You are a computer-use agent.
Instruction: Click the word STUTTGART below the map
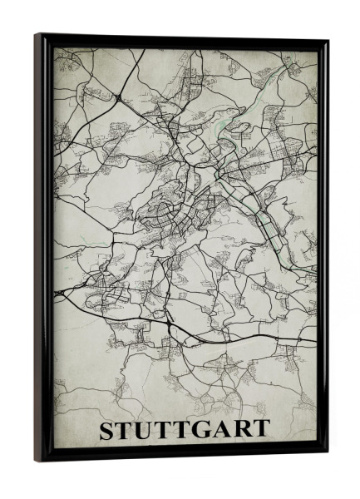(x=185, y=430)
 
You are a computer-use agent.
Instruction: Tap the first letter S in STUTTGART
(x=108, y=430)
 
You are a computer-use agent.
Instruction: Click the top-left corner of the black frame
(x=37, y=36)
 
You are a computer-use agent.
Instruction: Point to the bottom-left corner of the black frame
(x=37, y=460)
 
